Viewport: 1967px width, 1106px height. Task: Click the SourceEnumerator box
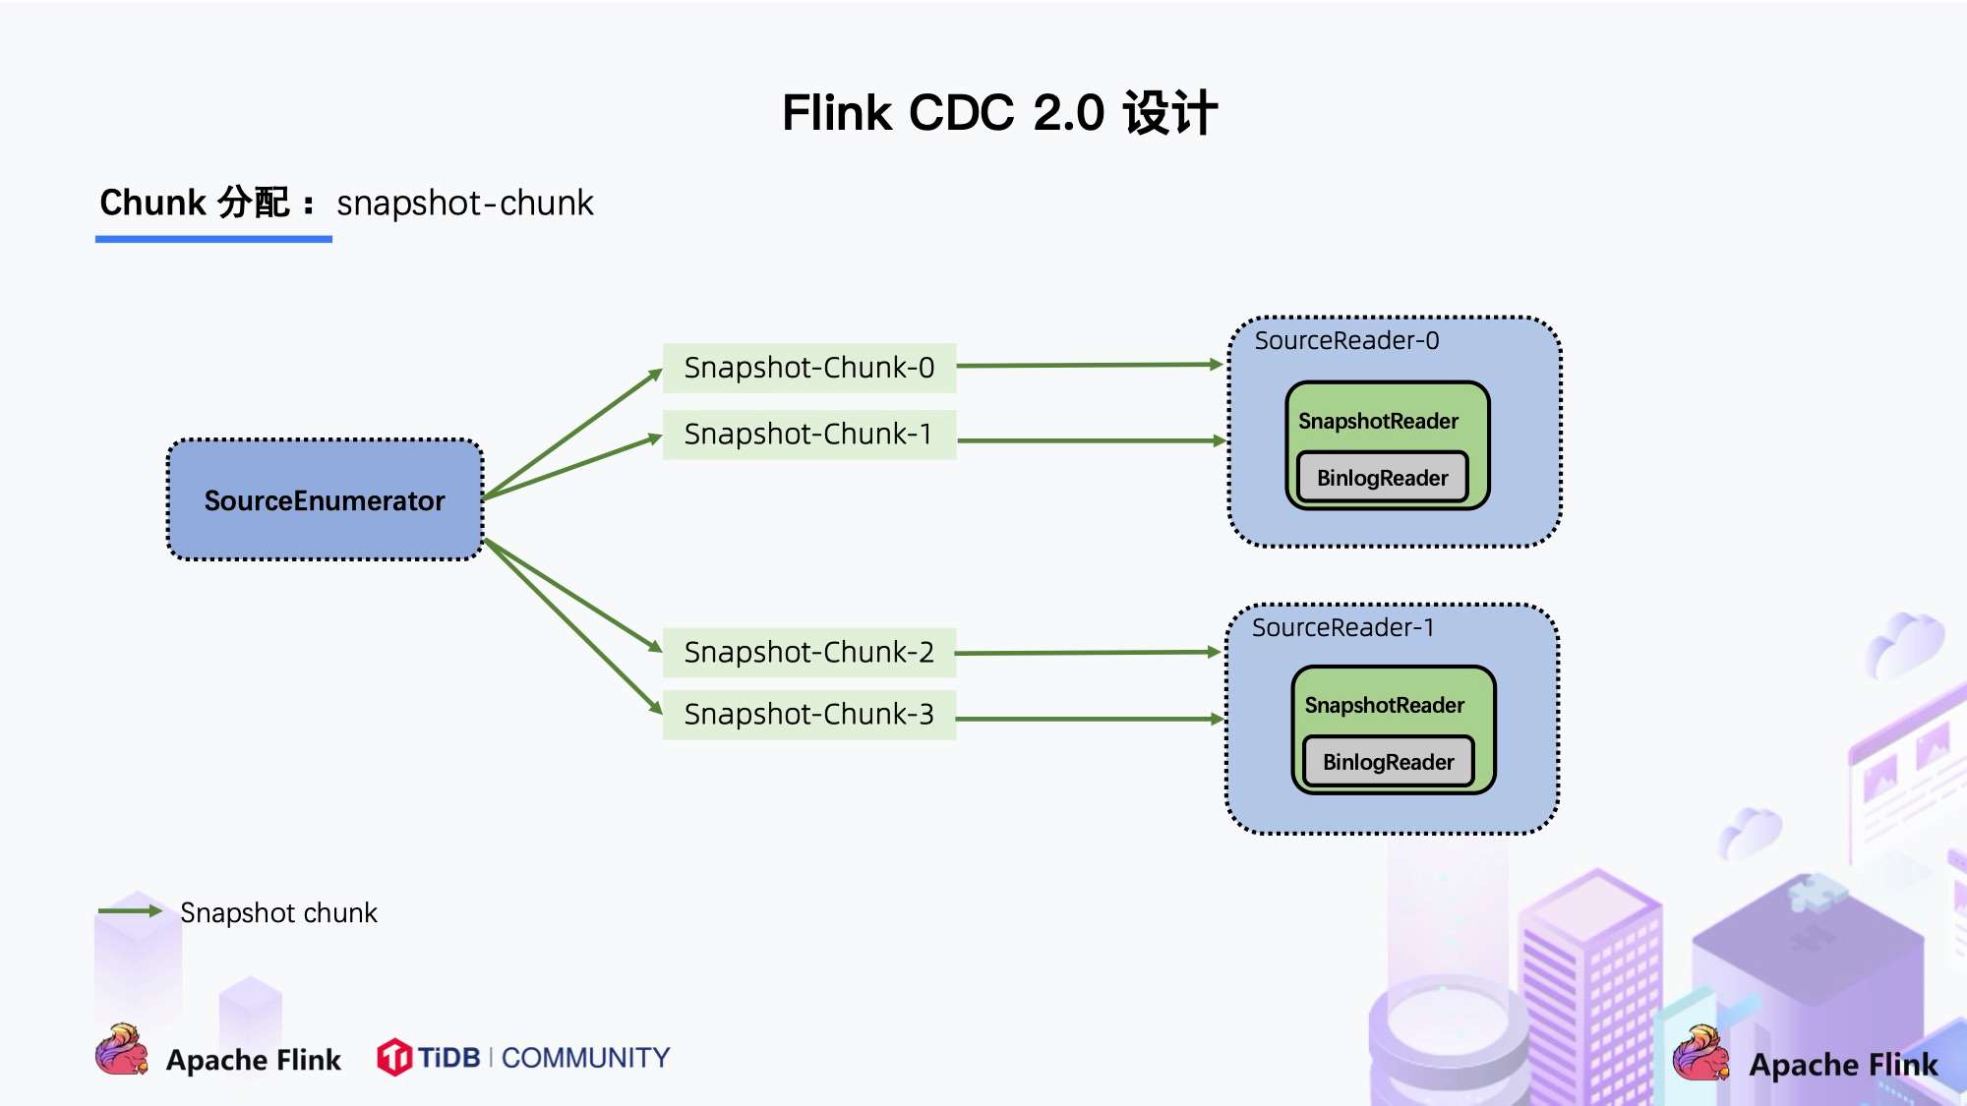click(x=325, y=500)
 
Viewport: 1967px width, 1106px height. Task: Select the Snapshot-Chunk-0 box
click(x=808, y=368)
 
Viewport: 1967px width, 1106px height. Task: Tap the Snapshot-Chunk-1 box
click(x=808, y=435)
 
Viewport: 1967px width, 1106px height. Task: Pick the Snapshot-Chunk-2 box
click(x=808, y=653)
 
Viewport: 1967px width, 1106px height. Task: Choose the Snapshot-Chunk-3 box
click(x=808, y=715)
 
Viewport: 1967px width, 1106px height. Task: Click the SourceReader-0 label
click(x=1346, y=341)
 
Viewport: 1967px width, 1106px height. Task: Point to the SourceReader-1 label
click(x=1342, y=628)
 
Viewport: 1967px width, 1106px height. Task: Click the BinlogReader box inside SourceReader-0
click(x=1382, y=478)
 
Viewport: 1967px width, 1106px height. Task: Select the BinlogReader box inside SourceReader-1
click(x=1388, y=762)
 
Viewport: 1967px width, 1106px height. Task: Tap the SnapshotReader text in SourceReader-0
click(x=1378, y=421)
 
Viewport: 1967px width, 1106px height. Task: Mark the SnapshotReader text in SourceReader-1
click(x=1384, y=705)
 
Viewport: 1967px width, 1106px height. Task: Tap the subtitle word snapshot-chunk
click(x=464, y=204)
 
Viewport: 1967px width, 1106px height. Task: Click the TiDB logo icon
click(x=394, y=1058)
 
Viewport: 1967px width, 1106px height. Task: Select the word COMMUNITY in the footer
click(x=585, y=1058)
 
